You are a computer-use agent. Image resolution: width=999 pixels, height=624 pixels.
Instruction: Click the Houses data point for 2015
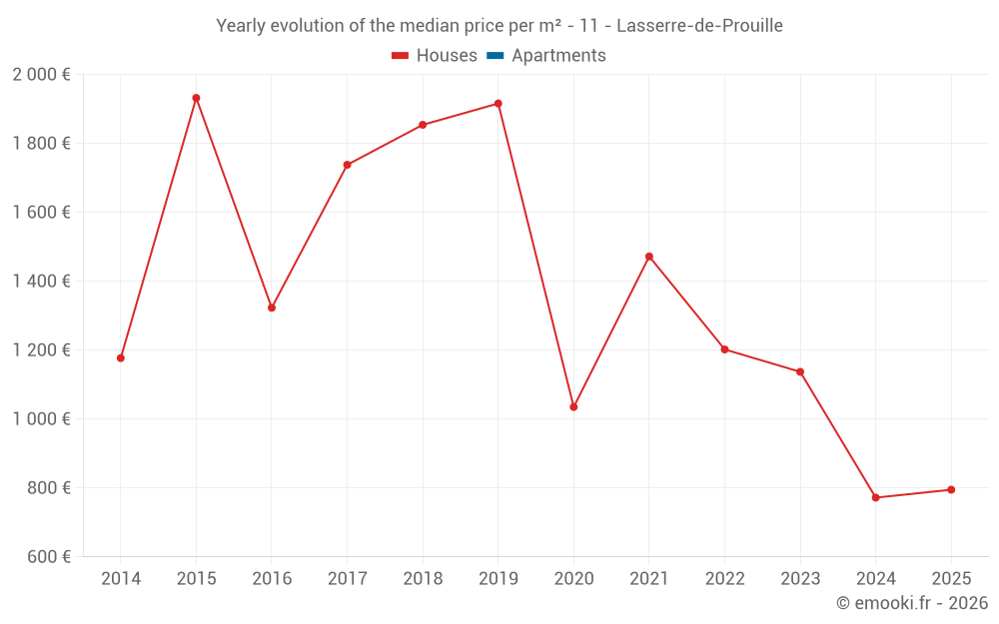pyautogui.click(x=196, y=98)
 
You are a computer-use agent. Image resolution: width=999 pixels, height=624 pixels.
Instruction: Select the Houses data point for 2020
pyautogui.click(x=573, y=407)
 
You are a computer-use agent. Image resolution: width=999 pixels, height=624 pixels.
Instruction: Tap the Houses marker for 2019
pyautogui.click(x=499, y=104)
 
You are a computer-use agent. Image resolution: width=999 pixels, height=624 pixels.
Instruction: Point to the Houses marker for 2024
pyautogui.click(x=876, y=497)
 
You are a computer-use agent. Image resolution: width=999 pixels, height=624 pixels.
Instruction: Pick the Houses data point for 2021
pyautogui.click(x=649, y=257)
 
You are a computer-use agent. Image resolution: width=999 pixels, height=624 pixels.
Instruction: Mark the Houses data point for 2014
pyautogui.click(x=121, y=357)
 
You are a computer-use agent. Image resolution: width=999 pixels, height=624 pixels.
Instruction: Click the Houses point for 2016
pyautogui.click(x=272, y=308)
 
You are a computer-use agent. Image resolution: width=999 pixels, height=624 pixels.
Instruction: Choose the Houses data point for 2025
pyautogui.click(x=951, y=489)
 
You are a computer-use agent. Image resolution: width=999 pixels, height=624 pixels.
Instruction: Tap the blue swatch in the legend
pyautogui.click(x=495, y=56)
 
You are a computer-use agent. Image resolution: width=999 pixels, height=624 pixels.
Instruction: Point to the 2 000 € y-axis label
pyautogui.click(x=41, y=75)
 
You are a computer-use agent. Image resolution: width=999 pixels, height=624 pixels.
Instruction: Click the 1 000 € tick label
pyautogui.click(x=41, y=419)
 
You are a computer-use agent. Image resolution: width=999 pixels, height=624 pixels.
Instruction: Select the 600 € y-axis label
pyautogui.click(x=47, y=557)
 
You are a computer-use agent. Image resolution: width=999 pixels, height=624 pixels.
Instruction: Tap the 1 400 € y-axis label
pyautogui.click(x=41, y=282)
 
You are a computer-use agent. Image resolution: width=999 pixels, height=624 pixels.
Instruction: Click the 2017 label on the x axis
pyautogui.click(x=347, y=579)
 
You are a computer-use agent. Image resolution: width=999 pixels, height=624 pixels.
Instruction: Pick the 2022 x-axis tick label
pyautogui.click(x=724, y=579)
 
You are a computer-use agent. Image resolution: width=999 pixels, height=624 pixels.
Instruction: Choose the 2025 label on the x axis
pyautogui.click(x=951, y=579)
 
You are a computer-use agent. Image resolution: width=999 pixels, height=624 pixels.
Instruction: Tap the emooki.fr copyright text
pyautogui.click(x=911, y=603)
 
